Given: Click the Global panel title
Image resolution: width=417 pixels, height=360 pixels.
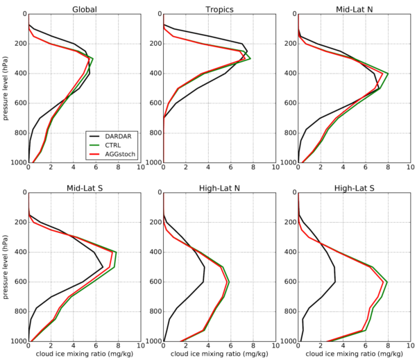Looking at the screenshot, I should [84, 8].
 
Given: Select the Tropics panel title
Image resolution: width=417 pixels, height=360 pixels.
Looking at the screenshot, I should [219, 8].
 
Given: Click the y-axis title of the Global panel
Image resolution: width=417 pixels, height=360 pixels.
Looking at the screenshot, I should [6, 88].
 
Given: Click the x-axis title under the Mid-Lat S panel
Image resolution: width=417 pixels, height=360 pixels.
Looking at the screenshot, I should [84, 354].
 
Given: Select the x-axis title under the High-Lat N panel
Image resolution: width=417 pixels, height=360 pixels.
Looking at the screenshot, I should [219, 354].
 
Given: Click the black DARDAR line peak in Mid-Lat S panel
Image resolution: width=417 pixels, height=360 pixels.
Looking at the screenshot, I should [103, 267].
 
